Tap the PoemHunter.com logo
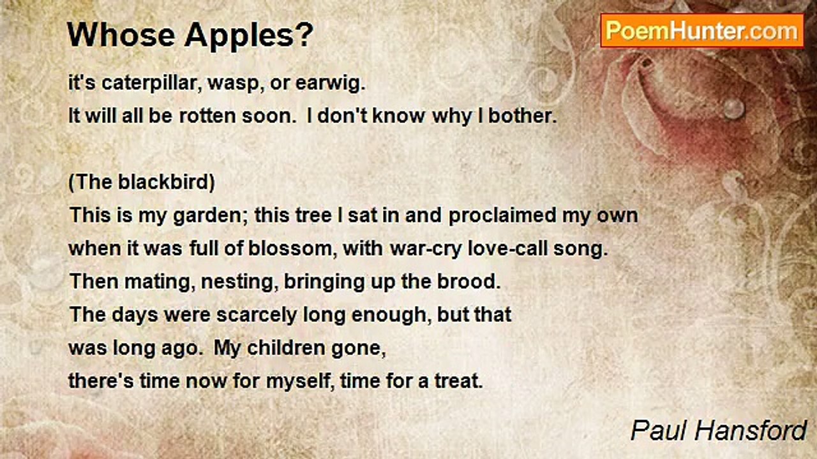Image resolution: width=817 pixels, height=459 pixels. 702,31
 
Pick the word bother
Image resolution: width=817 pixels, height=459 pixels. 522,116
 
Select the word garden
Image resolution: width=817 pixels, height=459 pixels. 208,216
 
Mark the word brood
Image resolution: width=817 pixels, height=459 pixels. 468,282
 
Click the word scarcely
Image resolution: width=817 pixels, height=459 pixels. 257,315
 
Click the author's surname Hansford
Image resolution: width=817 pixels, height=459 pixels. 750,431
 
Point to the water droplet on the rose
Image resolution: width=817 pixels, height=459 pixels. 733,108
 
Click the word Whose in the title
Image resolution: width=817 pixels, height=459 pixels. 121,35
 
